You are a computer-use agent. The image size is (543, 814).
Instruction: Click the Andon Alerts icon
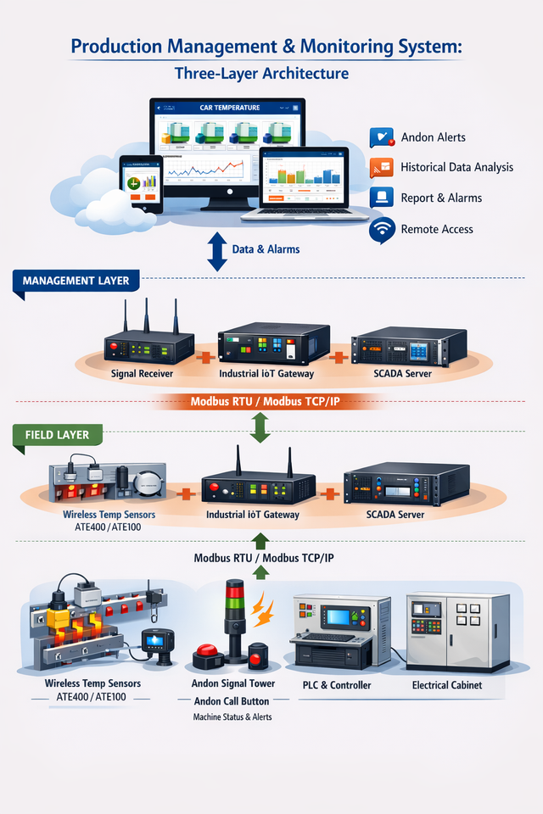click(x=383, y=137)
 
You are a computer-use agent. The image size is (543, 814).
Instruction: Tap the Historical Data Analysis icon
click(x=383, y=167)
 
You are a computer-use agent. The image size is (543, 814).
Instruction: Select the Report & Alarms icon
click(x=383, y=198)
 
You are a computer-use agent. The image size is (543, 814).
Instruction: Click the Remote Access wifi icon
click(x=383, y=229)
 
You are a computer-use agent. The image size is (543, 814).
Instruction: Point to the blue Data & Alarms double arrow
click(x=218, y=250)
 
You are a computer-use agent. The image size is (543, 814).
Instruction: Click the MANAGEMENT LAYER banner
click(x=76, y=281)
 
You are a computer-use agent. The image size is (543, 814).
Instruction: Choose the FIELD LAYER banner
click(x=57, y=435)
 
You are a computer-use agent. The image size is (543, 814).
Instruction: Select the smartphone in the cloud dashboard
click(x=142, y=184)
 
